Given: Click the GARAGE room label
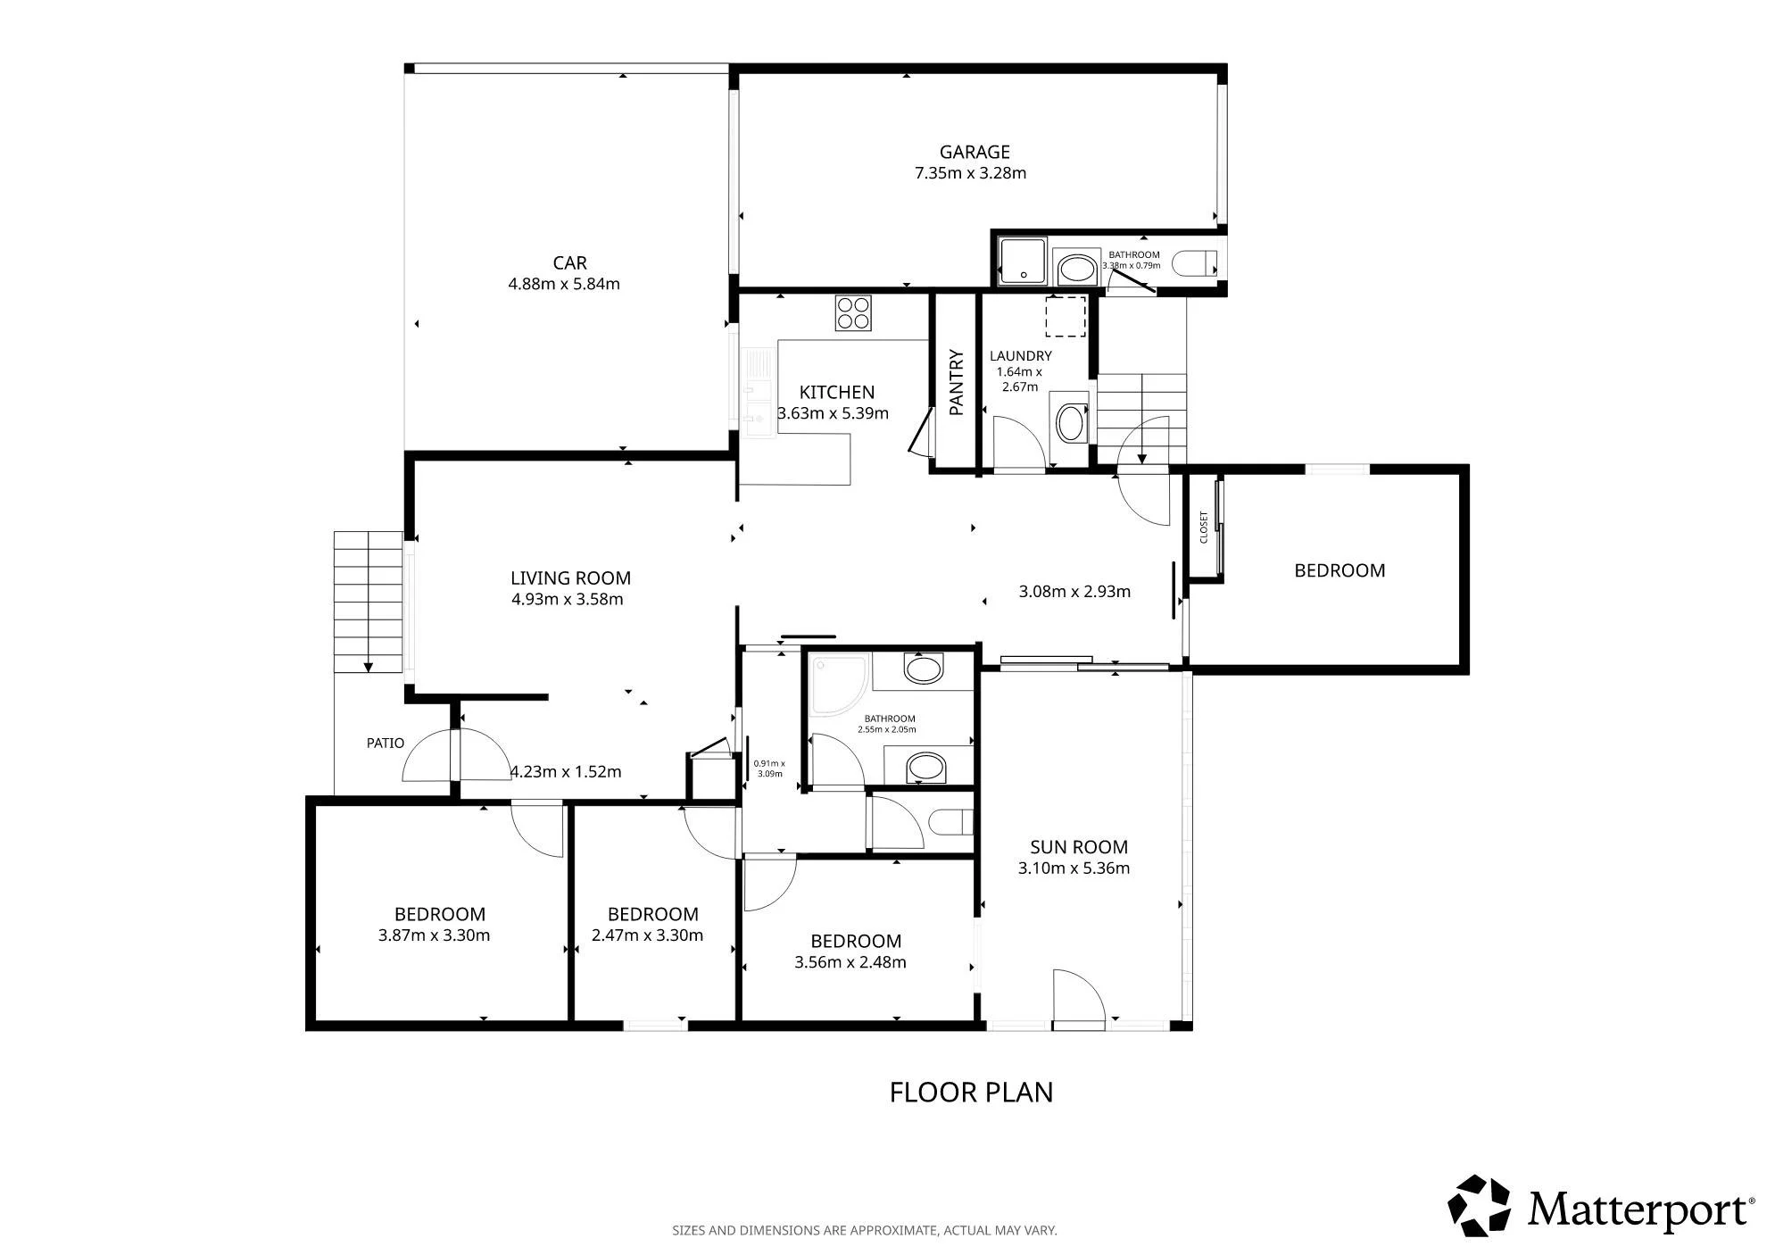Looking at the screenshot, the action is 974,152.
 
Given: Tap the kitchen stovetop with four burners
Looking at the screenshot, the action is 853,312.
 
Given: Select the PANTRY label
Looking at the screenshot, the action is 957,383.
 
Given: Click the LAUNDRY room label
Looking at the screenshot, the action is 1020,356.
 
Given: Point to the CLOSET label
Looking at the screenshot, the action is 1203,528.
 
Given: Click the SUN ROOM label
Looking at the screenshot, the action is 1078,847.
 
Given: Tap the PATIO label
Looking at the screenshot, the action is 386,743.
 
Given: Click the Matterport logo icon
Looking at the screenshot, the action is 1479,1206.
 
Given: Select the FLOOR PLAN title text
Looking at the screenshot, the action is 971,1093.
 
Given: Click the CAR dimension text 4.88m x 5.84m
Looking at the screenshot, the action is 564,285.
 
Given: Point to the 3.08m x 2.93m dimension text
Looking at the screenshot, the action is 1074,592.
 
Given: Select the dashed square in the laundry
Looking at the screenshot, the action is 1066,316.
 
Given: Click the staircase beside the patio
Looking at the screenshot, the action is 368,603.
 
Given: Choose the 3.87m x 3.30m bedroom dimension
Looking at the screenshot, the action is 434,936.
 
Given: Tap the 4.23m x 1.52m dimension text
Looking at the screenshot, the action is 565,772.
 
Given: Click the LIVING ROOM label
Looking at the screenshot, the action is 570,578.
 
